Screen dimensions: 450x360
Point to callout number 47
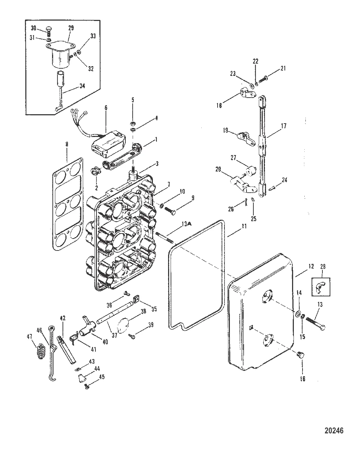click(x=30, y=337)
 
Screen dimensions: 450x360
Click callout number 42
click(x=63, y=318)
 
